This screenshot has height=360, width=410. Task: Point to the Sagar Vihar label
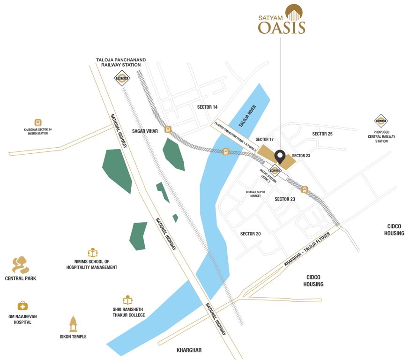click(145, 131)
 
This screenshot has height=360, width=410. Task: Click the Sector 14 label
click(207, 107)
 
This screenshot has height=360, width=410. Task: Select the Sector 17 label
click(265, 140)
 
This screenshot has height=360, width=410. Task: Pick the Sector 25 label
click(322, 134)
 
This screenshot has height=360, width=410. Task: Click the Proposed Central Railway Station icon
click(380, 121)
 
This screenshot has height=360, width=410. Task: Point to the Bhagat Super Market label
click(256, 193)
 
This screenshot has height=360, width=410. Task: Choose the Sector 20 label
click(250, 233)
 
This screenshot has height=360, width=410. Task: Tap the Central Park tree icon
click(21, 265)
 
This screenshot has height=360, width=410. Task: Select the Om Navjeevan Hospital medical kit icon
click(22, 306)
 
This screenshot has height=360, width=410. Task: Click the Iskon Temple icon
click(73, 324)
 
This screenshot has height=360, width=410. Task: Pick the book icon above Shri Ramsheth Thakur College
click(127, 300)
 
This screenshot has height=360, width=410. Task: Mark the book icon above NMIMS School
click(92, 252)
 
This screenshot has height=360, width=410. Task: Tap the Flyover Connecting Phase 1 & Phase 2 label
click(236, 136)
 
